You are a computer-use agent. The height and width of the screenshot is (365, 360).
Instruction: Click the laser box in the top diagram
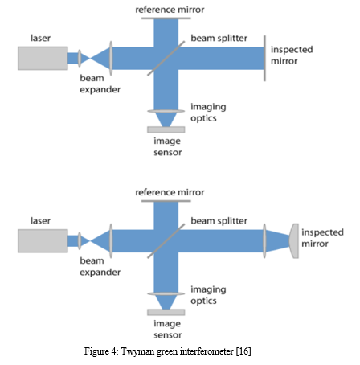click(43, 59)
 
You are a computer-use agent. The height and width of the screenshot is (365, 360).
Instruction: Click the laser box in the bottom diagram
click(43, 241)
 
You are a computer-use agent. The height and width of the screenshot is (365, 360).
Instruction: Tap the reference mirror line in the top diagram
click(166, 18)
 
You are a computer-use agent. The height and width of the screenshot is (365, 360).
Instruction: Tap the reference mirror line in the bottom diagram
click(166, 201)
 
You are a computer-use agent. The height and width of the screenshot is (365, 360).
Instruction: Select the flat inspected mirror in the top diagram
click(264, 58)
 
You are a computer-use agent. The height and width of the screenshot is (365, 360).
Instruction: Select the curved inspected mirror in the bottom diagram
click(294, 241)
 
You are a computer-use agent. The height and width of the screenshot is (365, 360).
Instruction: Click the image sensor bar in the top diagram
click(166, 129)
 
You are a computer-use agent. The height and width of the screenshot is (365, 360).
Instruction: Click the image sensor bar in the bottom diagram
click(166, 312)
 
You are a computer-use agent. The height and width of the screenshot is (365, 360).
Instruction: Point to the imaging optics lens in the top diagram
click(166, 111)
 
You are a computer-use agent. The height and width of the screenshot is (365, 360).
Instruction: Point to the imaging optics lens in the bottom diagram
click(166, 293)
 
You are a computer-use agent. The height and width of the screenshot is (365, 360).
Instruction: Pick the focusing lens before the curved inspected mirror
click(264, 241)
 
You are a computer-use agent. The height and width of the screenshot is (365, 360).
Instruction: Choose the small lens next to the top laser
click(80, 58)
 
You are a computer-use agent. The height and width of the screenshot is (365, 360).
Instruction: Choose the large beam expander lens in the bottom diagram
click(111, 241)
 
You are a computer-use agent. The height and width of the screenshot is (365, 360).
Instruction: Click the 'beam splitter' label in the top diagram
click(219, 39)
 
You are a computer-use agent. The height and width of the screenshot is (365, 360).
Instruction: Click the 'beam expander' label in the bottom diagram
click(100, 266)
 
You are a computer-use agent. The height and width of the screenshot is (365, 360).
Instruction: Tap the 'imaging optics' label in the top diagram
click(208, 113)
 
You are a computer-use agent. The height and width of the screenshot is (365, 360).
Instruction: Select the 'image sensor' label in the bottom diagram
click(167, 329)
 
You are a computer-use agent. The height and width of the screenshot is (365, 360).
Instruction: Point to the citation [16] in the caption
click(243, 351)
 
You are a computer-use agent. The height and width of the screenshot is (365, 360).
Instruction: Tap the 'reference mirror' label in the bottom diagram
click(170, 192)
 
